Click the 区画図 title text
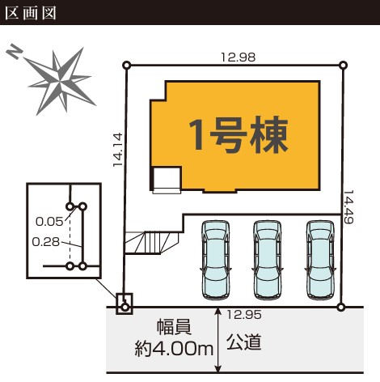[x=31, y=13]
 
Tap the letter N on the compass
[x=15, y=51]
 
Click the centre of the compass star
[x=61, y=82]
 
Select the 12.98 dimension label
[x=238, y=57]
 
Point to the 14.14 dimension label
[x=118, y=150]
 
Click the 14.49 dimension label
[x=348, y=207]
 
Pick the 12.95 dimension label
[x=244, y=315]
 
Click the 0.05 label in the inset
[x=49, y=222]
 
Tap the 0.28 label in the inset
[x=45, y=242]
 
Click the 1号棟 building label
[x=239, y=134]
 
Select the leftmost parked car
[x=216, y=260]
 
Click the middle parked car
[x=268, y=260]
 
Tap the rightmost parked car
[x=320, y=260]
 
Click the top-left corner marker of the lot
[x=126, y=66]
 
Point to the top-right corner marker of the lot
[x=343, y=65]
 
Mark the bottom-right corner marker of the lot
[x=341, y=307]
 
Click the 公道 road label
[x=244, y=342]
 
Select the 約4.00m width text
[x=174, y=349]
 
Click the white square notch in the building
[x=167, y=179]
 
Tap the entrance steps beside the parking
[x=151, y=242]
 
